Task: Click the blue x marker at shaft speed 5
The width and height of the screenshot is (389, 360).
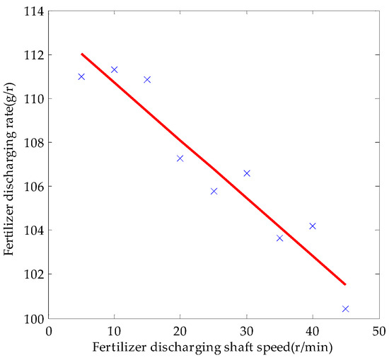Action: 81,76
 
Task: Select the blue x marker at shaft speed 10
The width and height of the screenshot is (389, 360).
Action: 114,69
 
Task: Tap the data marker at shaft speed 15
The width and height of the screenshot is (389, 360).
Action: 147,79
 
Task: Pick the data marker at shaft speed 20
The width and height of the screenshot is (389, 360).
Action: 180,158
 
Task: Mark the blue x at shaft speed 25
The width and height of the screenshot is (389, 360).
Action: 214,191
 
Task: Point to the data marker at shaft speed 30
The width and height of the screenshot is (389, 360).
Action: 247,173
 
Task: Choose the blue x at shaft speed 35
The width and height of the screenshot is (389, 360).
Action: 279,238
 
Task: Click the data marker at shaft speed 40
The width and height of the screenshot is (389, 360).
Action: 313,226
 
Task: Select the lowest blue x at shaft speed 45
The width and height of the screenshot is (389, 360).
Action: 345,308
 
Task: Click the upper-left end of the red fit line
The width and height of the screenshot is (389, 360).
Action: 81,54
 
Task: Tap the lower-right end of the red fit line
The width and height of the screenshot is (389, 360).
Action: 345,284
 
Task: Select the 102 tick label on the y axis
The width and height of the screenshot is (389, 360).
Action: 33,274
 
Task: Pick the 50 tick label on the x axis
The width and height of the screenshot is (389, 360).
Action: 378,330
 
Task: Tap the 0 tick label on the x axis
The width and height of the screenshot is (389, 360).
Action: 48,330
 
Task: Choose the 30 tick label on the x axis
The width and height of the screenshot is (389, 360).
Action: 246,330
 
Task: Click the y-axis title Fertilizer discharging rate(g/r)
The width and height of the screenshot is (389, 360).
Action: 10,164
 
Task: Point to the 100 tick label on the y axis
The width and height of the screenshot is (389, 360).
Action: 33,318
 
